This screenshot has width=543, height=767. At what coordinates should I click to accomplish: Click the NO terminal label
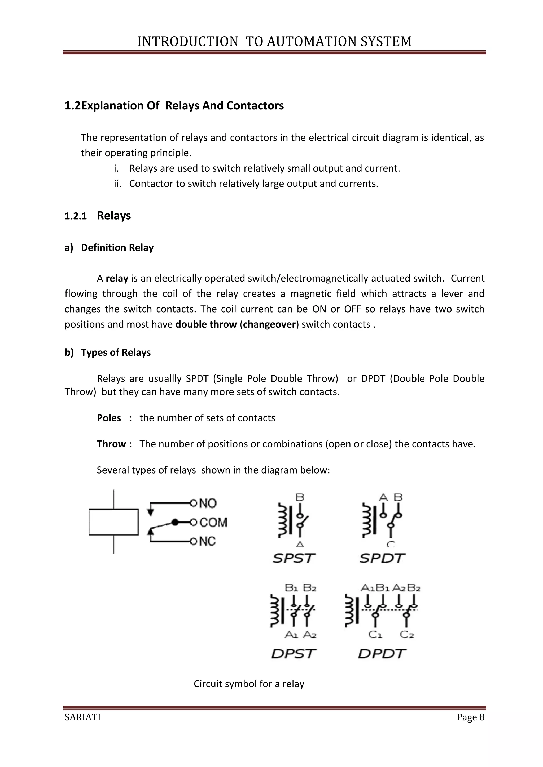[x=208, y=503]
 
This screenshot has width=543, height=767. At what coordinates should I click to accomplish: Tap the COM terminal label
[x=213, y=522]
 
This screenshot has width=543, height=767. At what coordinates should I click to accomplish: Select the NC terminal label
[x=207, y=541]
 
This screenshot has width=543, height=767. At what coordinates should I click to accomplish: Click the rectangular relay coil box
[x=114, y=522]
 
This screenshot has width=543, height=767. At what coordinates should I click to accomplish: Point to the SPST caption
[x=294, y=558]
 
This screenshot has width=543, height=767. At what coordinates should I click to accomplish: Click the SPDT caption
[x=382, y=558]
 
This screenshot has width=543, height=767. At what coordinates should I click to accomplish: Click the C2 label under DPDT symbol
[x=406, y=634]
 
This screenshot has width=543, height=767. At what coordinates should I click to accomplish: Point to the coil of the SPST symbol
[x=283, y=521]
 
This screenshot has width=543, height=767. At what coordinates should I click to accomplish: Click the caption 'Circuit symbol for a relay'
[x=249, y=684]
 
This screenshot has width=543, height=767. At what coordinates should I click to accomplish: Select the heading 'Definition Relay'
[x=117, y=248]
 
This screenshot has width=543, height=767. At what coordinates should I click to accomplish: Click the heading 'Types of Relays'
[x=116, y=353]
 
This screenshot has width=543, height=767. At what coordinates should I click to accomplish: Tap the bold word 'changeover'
[x=269, y=324]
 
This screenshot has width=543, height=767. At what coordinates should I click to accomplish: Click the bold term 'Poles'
[x=109, y=418]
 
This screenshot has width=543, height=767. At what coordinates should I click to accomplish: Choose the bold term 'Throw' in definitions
[x=111, y=444]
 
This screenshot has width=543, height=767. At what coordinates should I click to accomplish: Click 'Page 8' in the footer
[x=470, y=717]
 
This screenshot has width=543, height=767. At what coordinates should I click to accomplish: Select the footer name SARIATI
[x=82, y=717]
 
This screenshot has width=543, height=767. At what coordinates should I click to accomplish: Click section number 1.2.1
[x=76, y=216]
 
